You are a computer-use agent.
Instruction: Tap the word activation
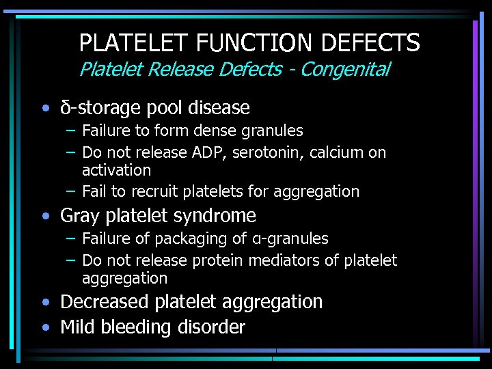point(116,169)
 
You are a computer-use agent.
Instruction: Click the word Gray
point(80,216)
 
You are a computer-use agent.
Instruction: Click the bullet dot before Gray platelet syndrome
point(45,217)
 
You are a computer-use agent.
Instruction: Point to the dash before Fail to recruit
point(71,192)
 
